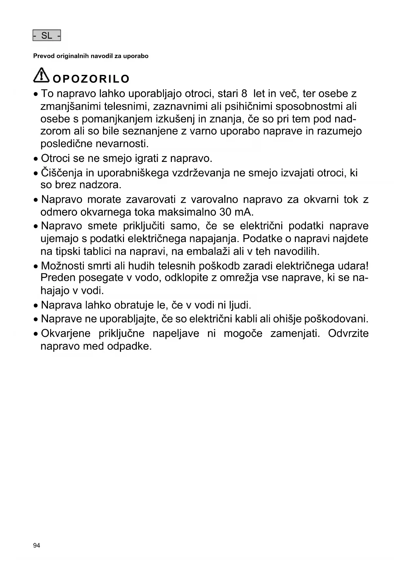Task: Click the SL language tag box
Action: pyautogui.click(x=47, y=35)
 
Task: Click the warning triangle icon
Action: pyautogui.click(x=41, y=76)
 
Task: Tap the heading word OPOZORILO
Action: pyautogui.click(x=91, y=79)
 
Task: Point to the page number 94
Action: pyautogui.click(x=36, y=545)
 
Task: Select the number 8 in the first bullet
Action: pyautogui.click(x=244, y=94)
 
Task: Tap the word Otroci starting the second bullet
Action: pyautogui.click(x=56, y=159)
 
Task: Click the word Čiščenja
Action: pyautogui.click(x=62, y=173)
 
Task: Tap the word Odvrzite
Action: pyautogui.click(x=348, y=334)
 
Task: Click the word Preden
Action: pyautogui.click(x=59, y=278)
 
